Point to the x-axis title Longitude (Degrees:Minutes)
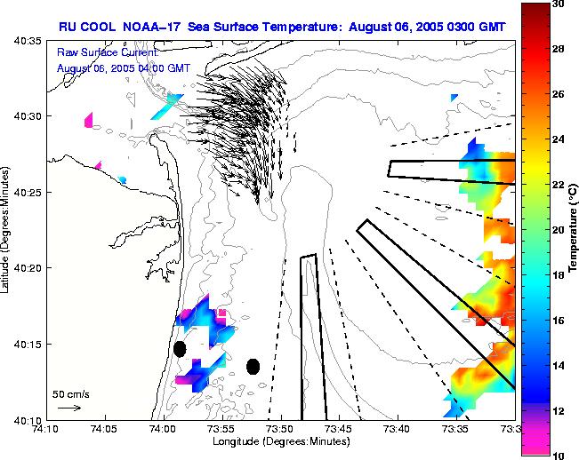click(x=280, y=441)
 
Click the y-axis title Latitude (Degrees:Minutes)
click(x=7, y=229)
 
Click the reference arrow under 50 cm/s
click(x=68, y=408)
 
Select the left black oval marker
click(x=180, y=349)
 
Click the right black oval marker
click(x=253, y=366)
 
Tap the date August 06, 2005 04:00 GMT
click(x=123, y=68)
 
